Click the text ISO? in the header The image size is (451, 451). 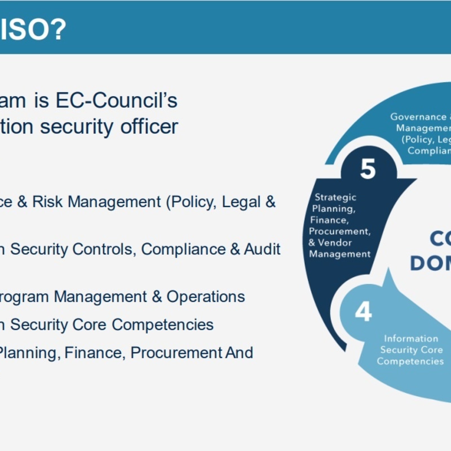point(32,29)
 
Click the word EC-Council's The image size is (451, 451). point(116,101)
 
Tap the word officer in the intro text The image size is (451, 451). point(149,127)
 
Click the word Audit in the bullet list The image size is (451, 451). point(262,249)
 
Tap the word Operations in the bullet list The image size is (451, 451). point(205,297)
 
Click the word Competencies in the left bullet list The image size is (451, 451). point(163,325)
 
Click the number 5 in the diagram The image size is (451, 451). point(368,169)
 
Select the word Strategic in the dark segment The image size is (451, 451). point(335,197)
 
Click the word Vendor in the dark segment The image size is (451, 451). point(335,243)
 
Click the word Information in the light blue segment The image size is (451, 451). point(411,339)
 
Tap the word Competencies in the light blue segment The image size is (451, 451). point(410,361)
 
